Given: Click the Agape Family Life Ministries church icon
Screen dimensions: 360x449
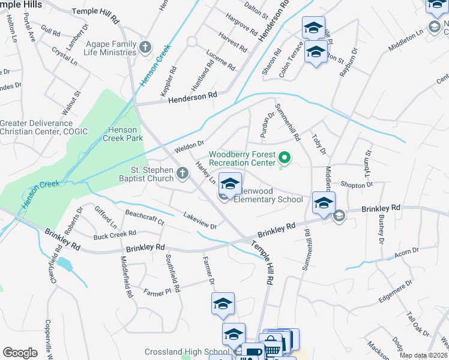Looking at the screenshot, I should coord(145,47).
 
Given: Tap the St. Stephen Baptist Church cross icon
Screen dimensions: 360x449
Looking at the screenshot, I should coord(183,175).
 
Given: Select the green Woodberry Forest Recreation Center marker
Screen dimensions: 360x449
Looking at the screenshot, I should coord(285,159).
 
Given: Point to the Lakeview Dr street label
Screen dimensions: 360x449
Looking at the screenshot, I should coord(200,220).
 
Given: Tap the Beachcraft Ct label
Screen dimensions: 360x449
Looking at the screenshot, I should coord(144,217).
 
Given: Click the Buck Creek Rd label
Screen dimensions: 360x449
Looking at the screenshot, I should coord(115,233).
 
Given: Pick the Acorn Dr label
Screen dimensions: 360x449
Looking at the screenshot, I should coord(406,253).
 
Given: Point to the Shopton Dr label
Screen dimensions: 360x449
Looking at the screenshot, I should coord(357,185).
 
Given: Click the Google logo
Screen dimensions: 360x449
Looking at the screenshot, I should coord(20,353).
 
